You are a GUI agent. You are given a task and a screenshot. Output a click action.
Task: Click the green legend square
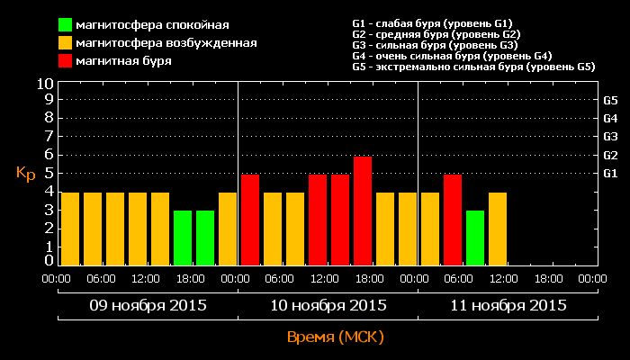(x=67, y=24)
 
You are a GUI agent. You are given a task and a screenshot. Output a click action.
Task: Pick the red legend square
(x=67, y=61)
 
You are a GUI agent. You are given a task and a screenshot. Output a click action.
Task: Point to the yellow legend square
(x=67, y=43)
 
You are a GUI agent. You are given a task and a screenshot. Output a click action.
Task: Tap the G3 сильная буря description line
(x=435, y=44)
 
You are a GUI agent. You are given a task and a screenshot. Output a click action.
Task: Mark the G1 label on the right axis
(x=610, y=173)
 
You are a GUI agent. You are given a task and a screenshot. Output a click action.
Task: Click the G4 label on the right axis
(x=610, y=118)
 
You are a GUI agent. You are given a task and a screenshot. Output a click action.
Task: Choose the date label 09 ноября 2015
(x=148, y=305)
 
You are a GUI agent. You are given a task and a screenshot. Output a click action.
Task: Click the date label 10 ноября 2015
(x=328, y=305)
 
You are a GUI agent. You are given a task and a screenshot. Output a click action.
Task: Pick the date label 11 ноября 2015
(x=508, y=305)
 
